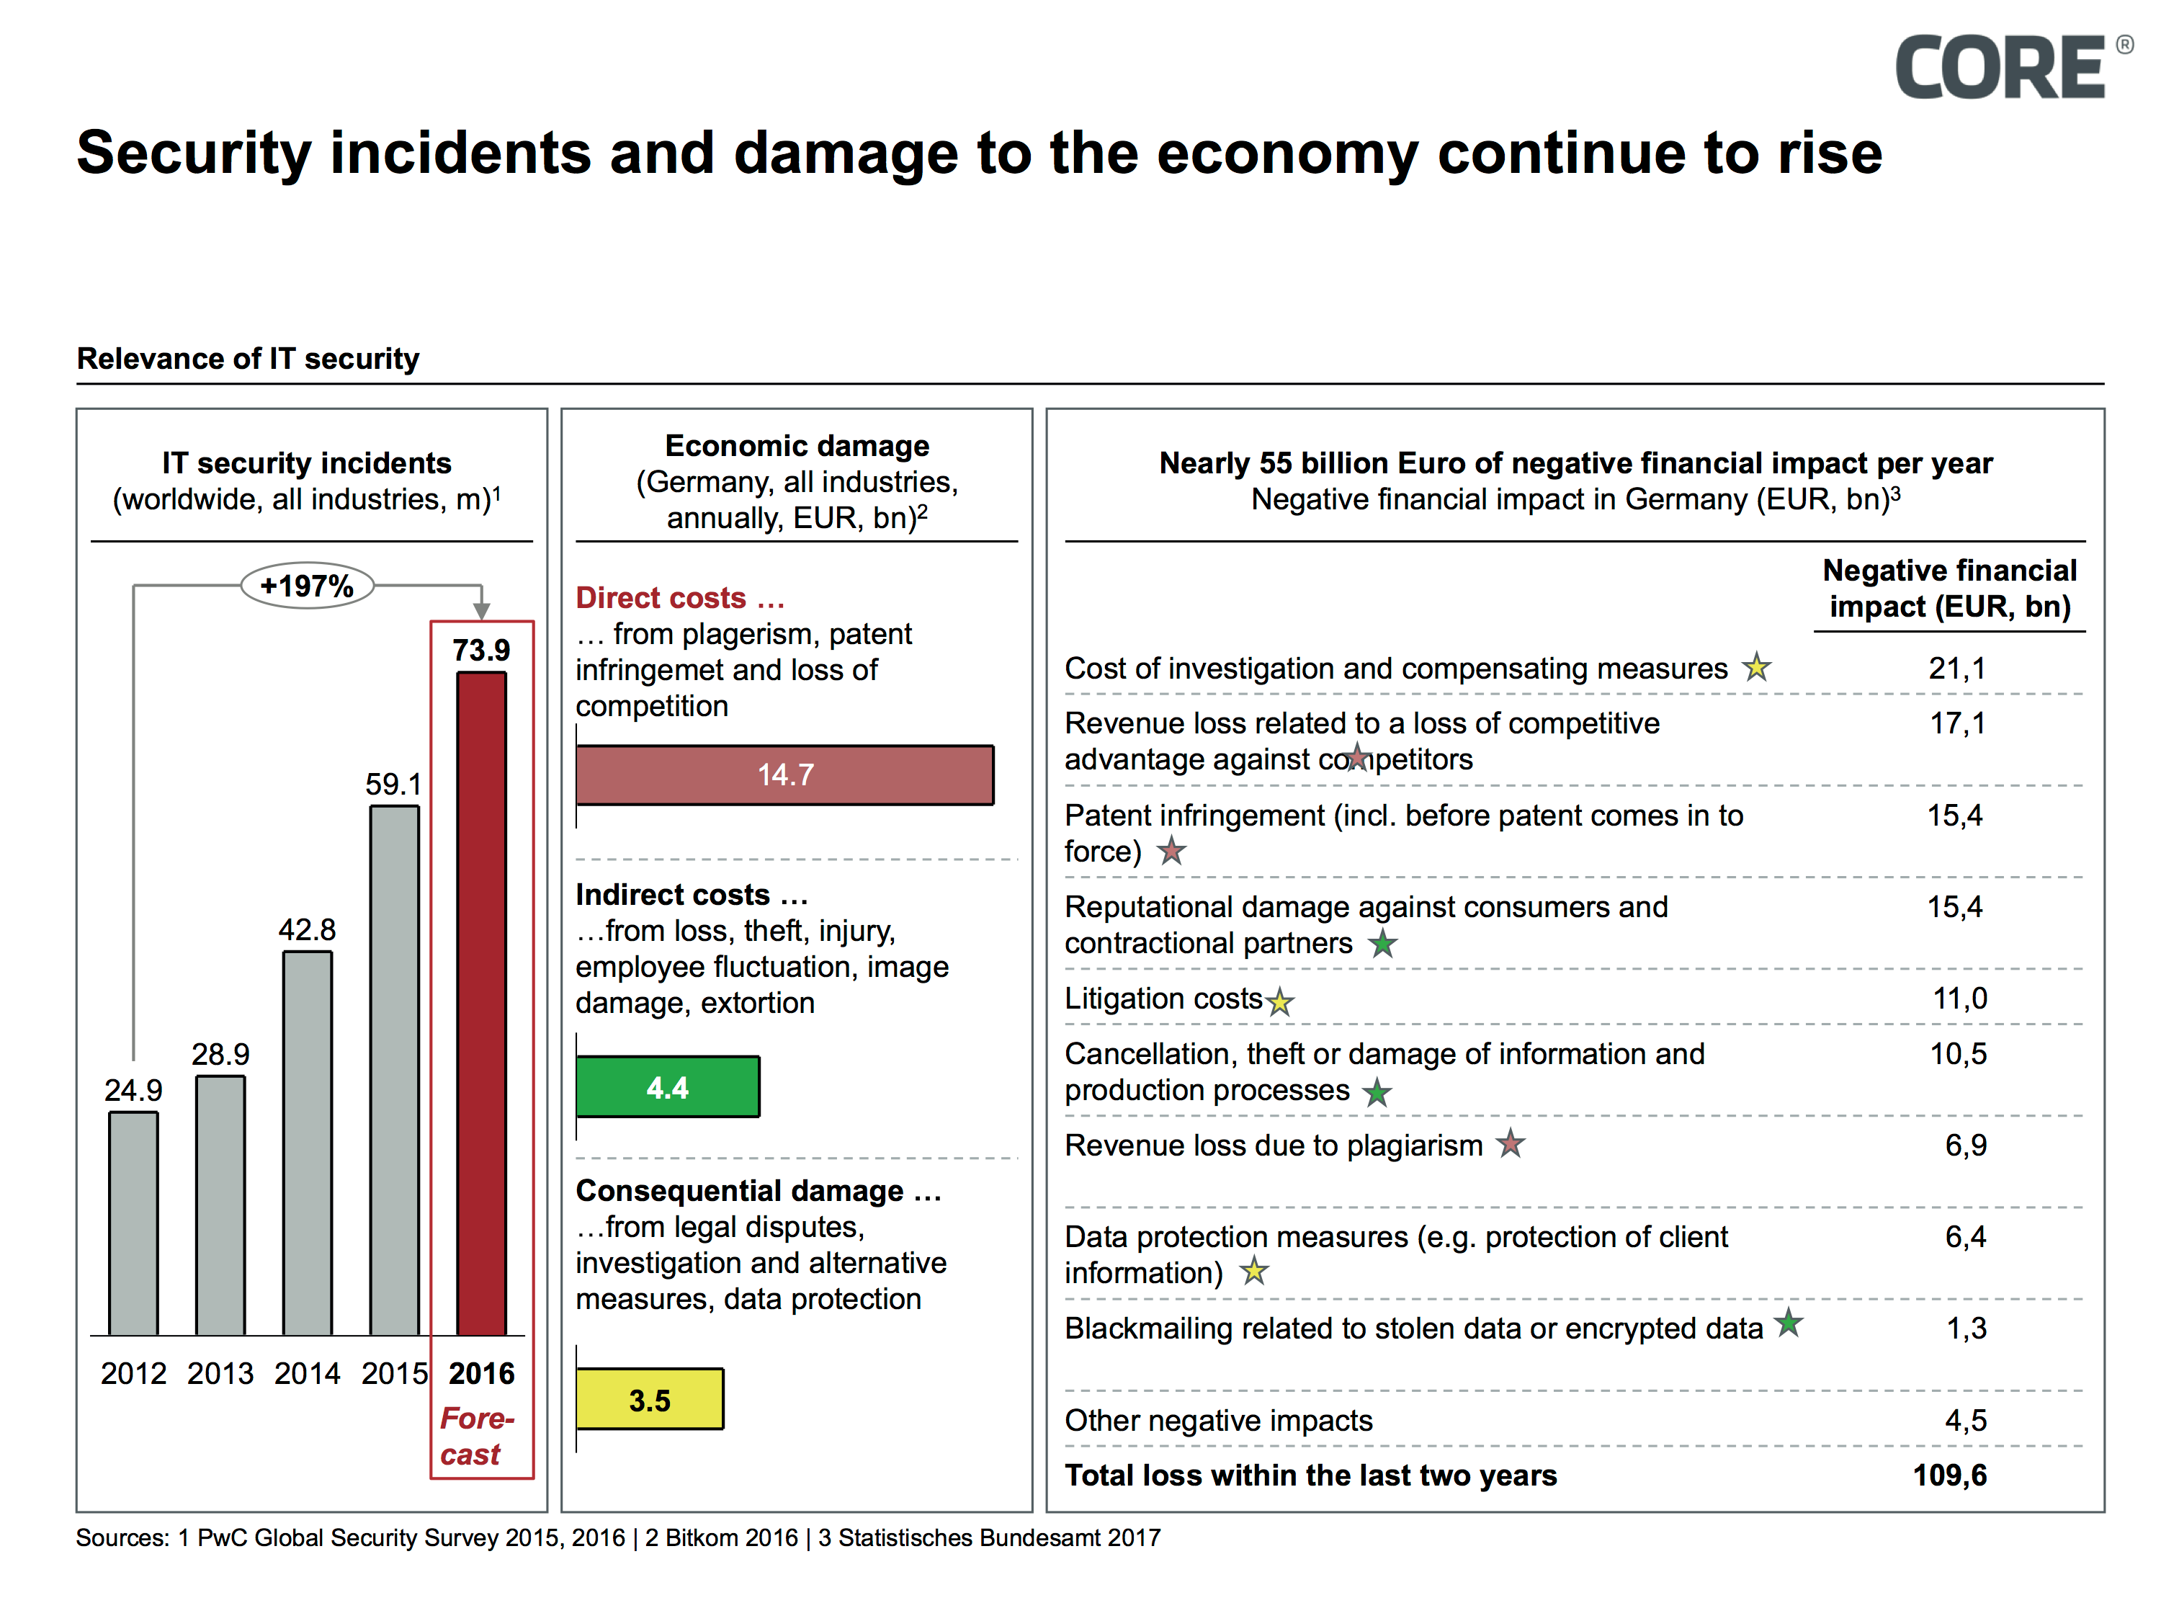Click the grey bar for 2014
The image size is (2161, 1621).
click(307, 1143)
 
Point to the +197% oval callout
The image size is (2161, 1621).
click(307, 586)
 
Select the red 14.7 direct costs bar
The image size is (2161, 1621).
click(784, 774)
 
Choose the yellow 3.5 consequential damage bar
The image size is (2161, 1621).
click(650, 1399)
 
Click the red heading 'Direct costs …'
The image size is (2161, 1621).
click(680, 597)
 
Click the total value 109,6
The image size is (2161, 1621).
click(1949, 1475)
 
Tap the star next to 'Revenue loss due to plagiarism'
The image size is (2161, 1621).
click(1511, 1143)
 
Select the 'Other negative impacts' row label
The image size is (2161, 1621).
click(1218, 1420)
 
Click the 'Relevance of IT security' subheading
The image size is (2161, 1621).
click(248, 359)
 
